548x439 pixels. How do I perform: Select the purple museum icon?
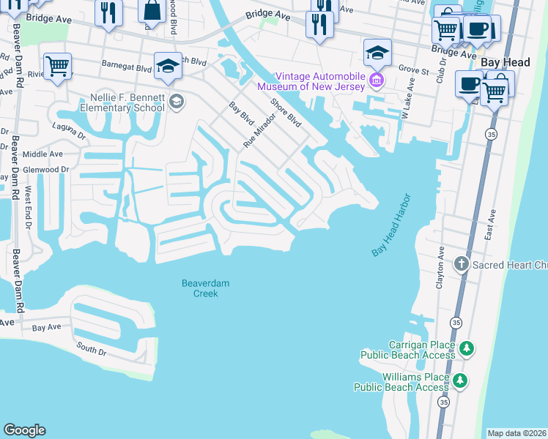point(377,79)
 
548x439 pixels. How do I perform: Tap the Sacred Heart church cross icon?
point(462,264)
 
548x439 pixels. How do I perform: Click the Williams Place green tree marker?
point(459,380)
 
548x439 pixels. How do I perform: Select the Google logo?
point(24,430)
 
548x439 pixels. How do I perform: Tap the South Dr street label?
point(92,350)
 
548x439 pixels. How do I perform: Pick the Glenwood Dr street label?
point(45,169)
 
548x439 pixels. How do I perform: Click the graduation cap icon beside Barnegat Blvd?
point(168,66)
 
